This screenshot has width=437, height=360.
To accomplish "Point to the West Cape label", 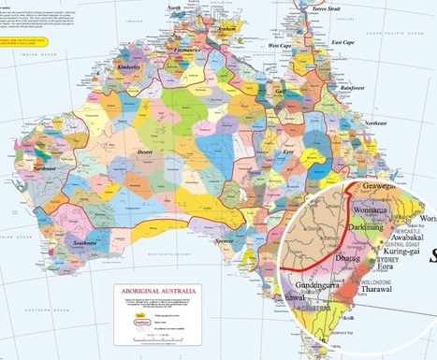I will click(x=280, y=45).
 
